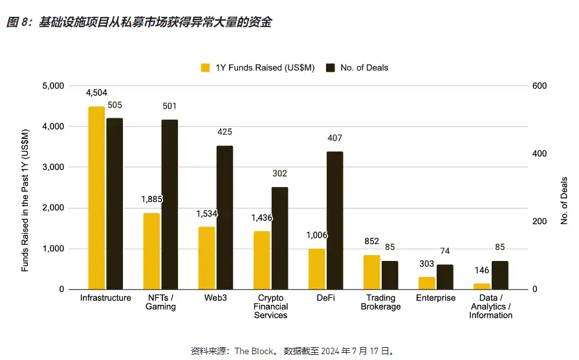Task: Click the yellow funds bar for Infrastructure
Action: (96, 197)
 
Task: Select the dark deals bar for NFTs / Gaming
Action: (169, 204)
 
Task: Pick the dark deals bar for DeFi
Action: (335, 220)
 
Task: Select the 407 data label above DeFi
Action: (335, 138)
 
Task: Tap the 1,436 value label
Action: (263, 218)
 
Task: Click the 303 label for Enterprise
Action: (427, 264)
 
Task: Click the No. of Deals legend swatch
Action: (330, 67)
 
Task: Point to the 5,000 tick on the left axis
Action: (54, 86)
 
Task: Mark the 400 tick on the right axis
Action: (539, 154)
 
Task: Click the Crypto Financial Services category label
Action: (270, 306)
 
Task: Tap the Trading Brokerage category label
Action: (380, 302)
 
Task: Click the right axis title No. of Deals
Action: (564, 201)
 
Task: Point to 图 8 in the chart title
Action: (17, 23)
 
